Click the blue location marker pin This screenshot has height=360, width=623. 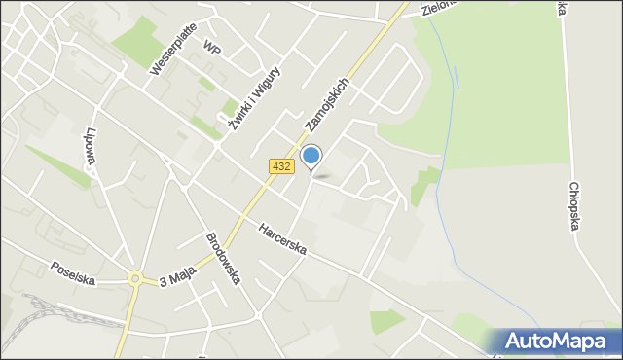311,157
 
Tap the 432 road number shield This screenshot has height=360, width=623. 281,167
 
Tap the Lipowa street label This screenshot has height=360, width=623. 92,147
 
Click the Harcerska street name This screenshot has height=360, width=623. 283,240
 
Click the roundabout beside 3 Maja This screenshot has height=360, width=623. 135,278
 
